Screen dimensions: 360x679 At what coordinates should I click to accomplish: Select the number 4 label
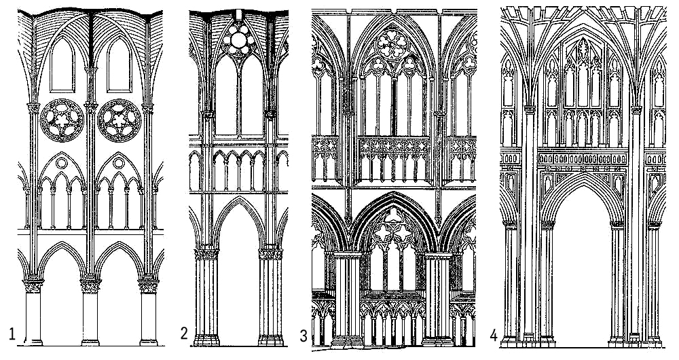tap(494, 335)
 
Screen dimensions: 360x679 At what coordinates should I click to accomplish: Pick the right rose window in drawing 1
tap(119, 120)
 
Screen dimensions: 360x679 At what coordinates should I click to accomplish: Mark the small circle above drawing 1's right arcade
tap(120, 163)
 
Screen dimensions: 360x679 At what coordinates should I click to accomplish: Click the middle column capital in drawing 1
tap(90, 285)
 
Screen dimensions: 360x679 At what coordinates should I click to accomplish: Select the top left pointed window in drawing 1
tap(62, 65)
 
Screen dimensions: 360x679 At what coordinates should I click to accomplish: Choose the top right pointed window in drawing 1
tap(118, 65)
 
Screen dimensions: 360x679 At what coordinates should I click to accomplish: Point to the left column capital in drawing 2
tap(206, 254)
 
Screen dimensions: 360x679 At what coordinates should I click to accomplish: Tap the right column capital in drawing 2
tap(270, 254)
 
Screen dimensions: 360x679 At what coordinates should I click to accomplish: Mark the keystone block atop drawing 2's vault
tap(239, 15)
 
